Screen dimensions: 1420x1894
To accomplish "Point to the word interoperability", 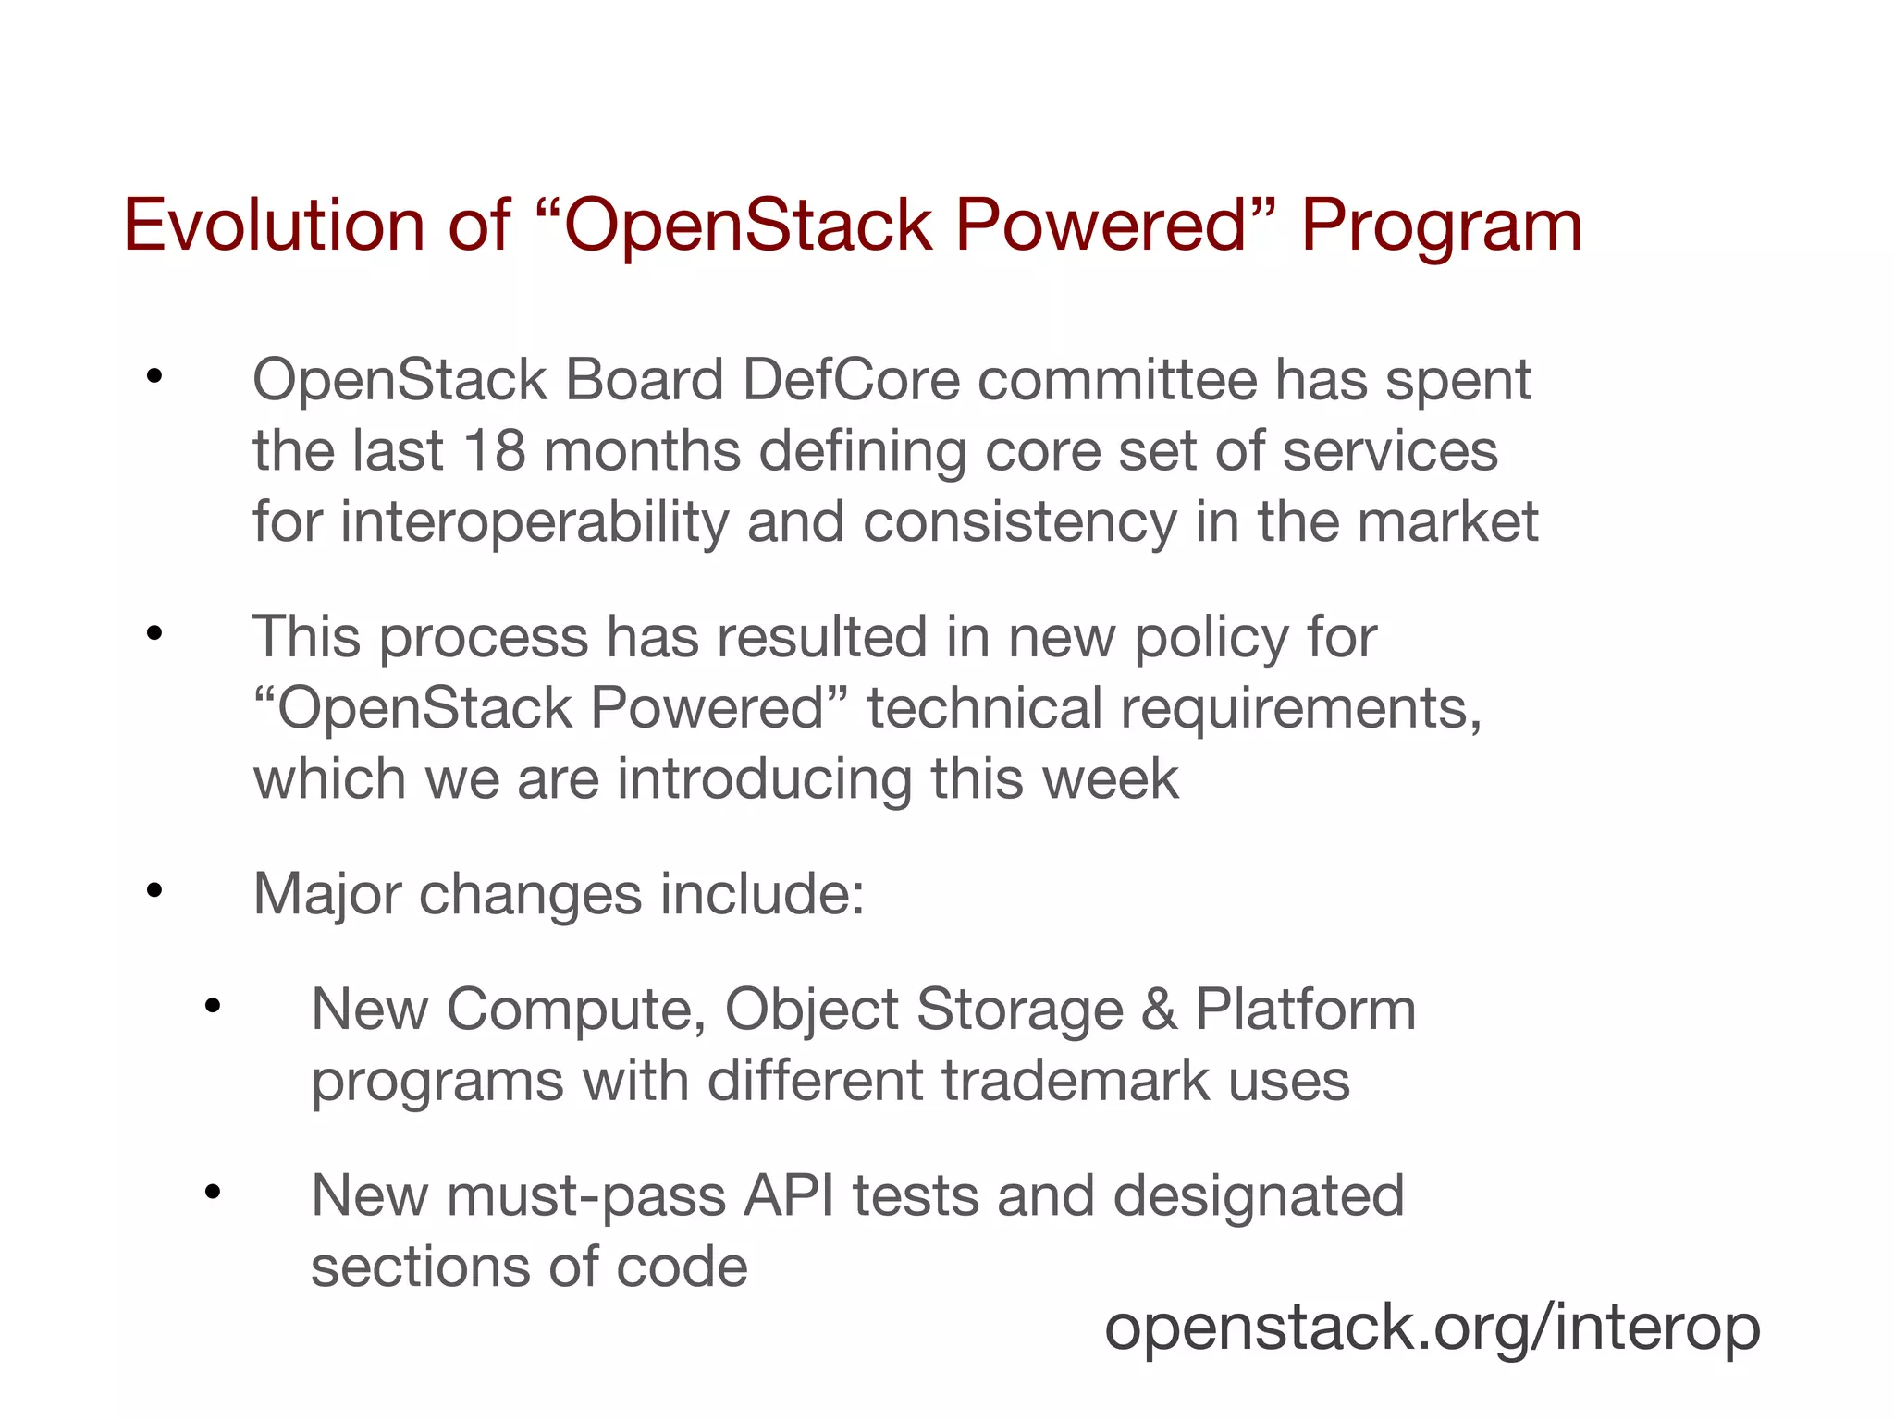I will pyautogui.click(x=535, y=521).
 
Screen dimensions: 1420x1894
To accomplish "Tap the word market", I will pyautogui.click(x=1447, y=521).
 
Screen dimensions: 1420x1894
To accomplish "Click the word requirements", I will pyautogui.click(x=1299, y=709).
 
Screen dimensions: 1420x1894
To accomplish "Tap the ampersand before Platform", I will pyautogui.click(x=1159, y=1010).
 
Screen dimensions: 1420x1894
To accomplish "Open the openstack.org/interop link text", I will pyautogui.click(x=1432, y=1328).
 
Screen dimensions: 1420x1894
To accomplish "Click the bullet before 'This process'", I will pyautogui.click(x=154, y=634).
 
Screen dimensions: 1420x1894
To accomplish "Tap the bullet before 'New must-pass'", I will pyautogui.click(x=213, y=1193).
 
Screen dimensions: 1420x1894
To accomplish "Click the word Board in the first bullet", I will pyautogui.click(x=644, y=380).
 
